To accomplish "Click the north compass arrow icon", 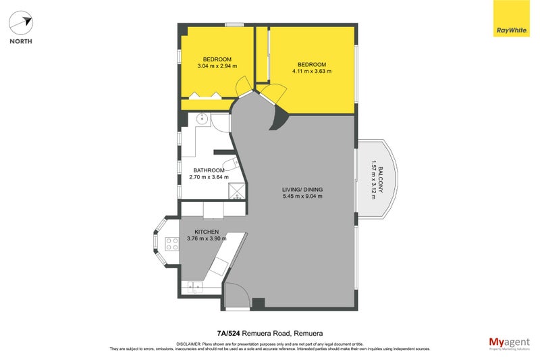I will (21, 23).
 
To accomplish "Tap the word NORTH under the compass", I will (21, 41).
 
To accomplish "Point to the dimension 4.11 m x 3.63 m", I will (311, 71).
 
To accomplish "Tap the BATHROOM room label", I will (209, 170).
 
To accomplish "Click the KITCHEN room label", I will (206, 231).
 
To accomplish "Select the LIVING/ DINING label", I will (302, 189).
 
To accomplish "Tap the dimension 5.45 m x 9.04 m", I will (302, 197).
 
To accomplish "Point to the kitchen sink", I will (196, 288).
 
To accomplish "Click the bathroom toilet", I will (230, 164).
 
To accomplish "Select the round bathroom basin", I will (200, 120).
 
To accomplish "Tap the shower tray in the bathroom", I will (236, 195).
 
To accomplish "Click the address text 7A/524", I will (230, 333).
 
